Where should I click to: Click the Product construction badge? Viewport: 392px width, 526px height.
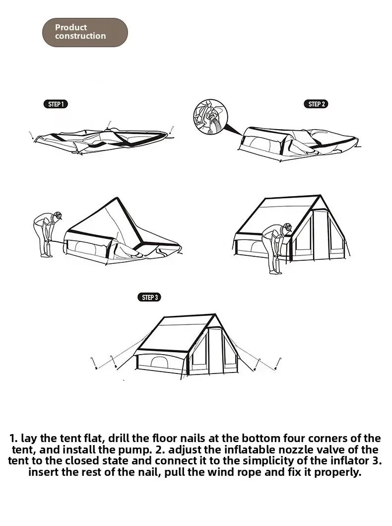[x=85, y=32]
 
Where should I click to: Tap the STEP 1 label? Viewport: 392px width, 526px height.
[x=56, y=104]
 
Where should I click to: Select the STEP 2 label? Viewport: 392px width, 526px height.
[x=316, y=104]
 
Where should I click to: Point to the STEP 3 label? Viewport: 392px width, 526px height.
[x=149, y=297]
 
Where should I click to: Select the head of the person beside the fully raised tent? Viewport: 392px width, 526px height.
[x=287, y=228]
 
